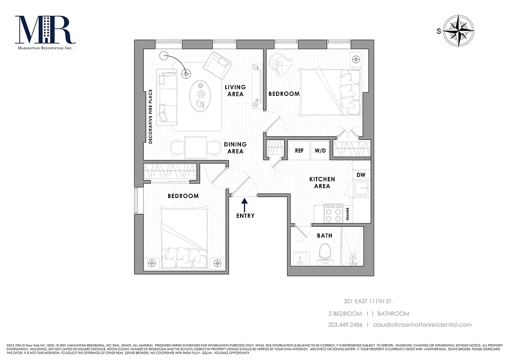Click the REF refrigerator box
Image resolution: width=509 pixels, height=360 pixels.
[x=299, y=151]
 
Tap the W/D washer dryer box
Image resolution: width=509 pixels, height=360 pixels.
[x=320, y=151]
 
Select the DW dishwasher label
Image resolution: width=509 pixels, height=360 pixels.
[x=361, y=175]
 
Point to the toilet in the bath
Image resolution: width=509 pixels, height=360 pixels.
[x=325, y=252]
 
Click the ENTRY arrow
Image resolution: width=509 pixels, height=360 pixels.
[x=244, y=205]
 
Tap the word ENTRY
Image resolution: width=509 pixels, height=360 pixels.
[x=245, y=216]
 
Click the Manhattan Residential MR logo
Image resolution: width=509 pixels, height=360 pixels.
[x=44, y=31]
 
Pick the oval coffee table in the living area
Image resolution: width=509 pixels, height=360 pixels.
[x=201, y=96]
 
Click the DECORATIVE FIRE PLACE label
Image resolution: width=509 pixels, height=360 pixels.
[x=151, y=117]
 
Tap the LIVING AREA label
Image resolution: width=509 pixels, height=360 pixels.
[x=236, y=90]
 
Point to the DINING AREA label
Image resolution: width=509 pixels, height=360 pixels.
[x=235, y=148]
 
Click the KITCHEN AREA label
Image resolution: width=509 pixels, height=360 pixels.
[x=322, y=182]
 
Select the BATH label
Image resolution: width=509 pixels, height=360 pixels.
[x=324, y=235]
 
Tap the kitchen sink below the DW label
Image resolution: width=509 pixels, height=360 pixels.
[x=362, y=189]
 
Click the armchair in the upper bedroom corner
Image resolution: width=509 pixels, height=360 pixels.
[x=281, y=65]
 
